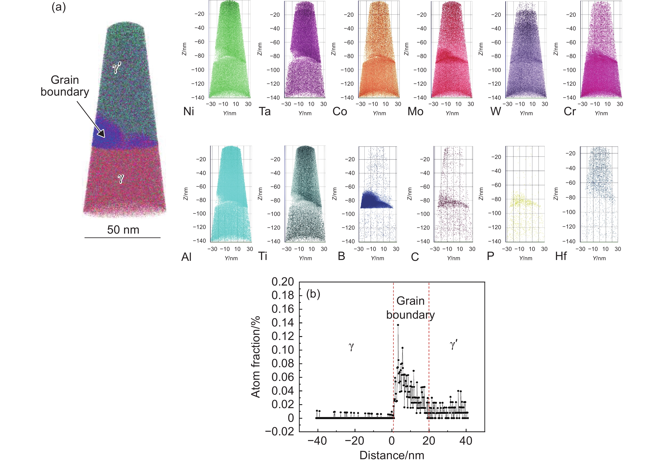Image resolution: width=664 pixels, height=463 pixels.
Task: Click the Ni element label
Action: [189, 111]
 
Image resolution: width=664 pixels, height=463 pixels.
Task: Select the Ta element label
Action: [265, 111]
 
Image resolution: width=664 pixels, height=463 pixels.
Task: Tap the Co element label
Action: [340, 111]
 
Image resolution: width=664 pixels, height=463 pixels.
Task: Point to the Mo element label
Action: [415, 111]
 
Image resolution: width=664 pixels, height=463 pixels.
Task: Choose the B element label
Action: [341, 256]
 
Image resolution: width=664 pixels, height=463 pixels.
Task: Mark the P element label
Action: [491, 256]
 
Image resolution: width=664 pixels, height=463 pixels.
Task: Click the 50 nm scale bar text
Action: [123, 230]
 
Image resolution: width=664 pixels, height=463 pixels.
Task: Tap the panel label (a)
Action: [59, 7]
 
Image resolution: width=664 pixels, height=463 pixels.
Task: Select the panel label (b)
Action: [313, 294]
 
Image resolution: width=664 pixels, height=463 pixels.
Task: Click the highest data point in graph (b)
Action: [398, 325]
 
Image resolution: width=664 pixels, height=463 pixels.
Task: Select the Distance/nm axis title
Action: [392, 455]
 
